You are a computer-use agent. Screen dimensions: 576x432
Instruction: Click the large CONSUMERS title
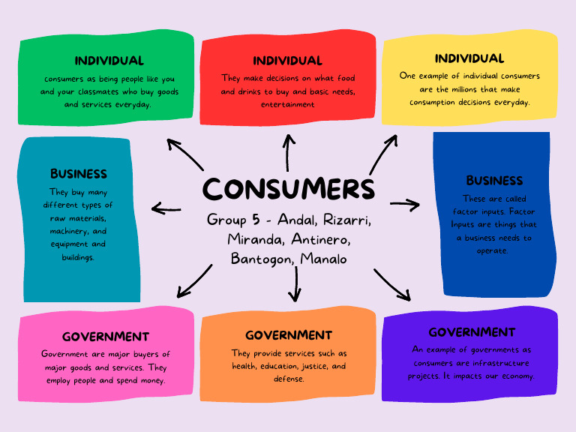(x=288, y=188)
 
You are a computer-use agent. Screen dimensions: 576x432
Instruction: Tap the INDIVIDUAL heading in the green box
(x=109, y=61)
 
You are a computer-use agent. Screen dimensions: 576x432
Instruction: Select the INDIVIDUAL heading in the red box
(x=287, y=61)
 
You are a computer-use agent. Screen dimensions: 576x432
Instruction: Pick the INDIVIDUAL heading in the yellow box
(x=469, y=58)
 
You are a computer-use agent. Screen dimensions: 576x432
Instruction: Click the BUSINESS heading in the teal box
(x=79, y=174)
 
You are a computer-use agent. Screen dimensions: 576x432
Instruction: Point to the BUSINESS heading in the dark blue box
(x=494, y=181)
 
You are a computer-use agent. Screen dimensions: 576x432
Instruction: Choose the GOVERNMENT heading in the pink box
(x=106, y=337)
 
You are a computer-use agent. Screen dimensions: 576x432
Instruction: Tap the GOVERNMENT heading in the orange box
(x=288, y=335)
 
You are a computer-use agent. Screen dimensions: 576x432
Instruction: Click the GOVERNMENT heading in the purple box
(x=472, y=332)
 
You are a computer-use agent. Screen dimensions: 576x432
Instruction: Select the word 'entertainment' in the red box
(x=288, y=104)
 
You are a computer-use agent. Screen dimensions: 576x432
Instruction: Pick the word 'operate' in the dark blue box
(x=493, y=250)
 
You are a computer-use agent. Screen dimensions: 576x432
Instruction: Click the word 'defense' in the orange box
(x=288, y=379)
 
